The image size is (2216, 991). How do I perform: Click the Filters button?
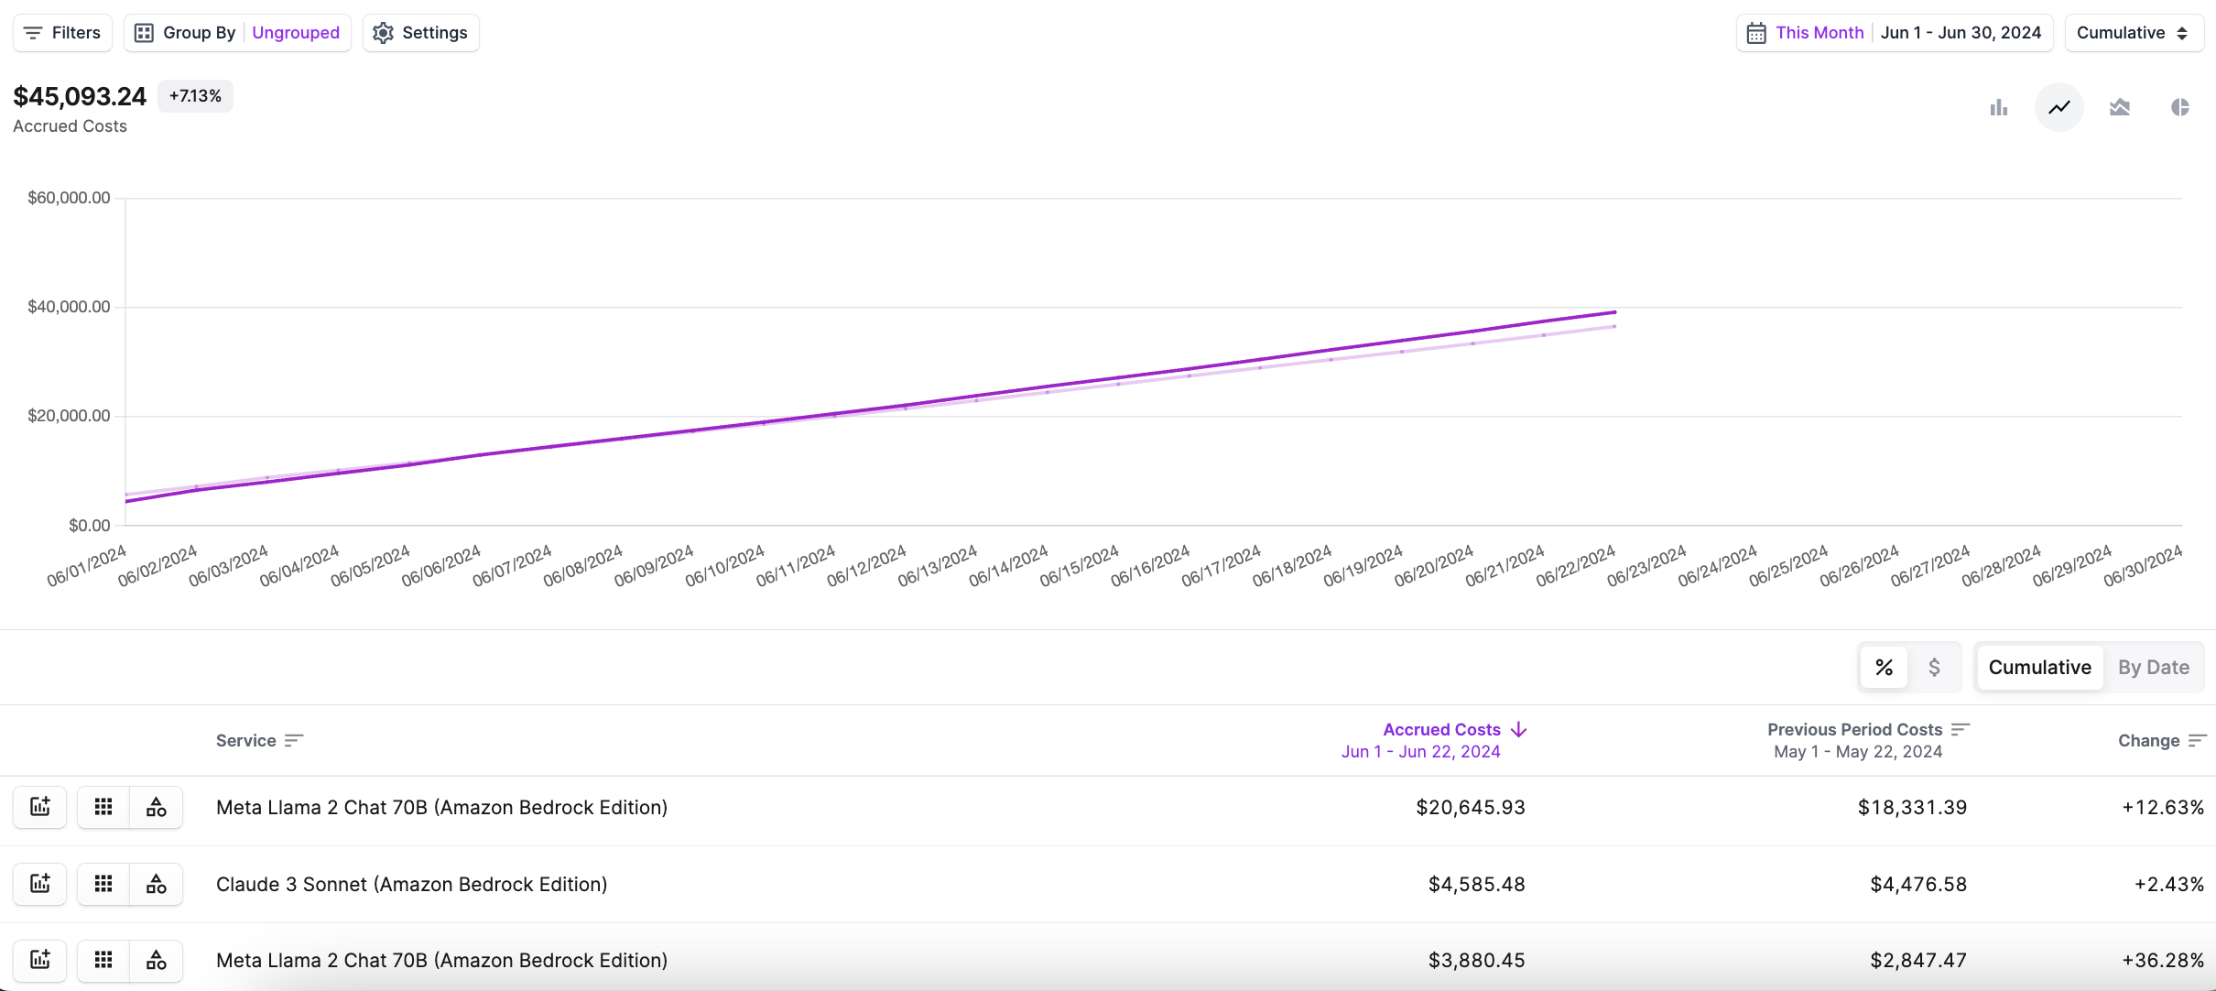[x=62, y=33]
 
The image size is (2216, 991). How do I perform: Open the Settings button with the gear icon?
[x=421, y=33]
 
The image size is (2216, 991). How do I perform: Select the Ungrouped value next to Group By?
[x=296, y=33]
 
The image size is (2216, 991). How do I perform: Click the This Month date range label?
[x=1819, y=33]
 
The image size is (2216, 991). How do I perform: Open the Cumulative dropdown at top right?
[x=2133, y=33]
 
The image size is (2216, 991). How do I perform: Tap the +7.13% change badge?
[x=195, y=96]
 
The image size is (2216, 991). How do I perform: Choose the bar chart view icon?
[x=1999, y=108]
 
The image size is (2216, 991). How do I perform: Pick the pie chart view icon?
[x=2180, y=108]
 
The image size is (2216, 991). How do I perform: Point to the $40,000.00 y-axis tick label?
[x=69, y=307]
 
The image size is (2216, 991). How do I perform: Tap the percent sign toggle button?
[x=1884, y=668]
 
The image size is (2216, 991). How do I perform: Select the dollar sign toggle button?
[x=1934, y=668]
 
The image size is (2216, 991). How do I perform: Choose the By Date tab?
[x=2153, y=668]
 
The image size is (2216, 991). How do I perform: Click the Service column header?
[x=246, y=741]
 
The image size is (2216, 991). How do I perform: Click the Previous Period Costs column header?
[x=1855, y=730]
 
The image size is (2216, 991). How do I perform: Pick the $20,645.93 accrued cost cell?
[x=1471, y=808]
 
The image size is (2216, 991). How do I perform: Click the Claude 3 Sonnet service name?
[x=412, y=885]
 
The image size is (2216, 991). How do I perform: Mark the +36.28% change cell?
[x=2163, y=961]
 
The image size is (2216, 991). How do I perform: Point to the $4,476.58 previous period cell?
[x=1918, y=885]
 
